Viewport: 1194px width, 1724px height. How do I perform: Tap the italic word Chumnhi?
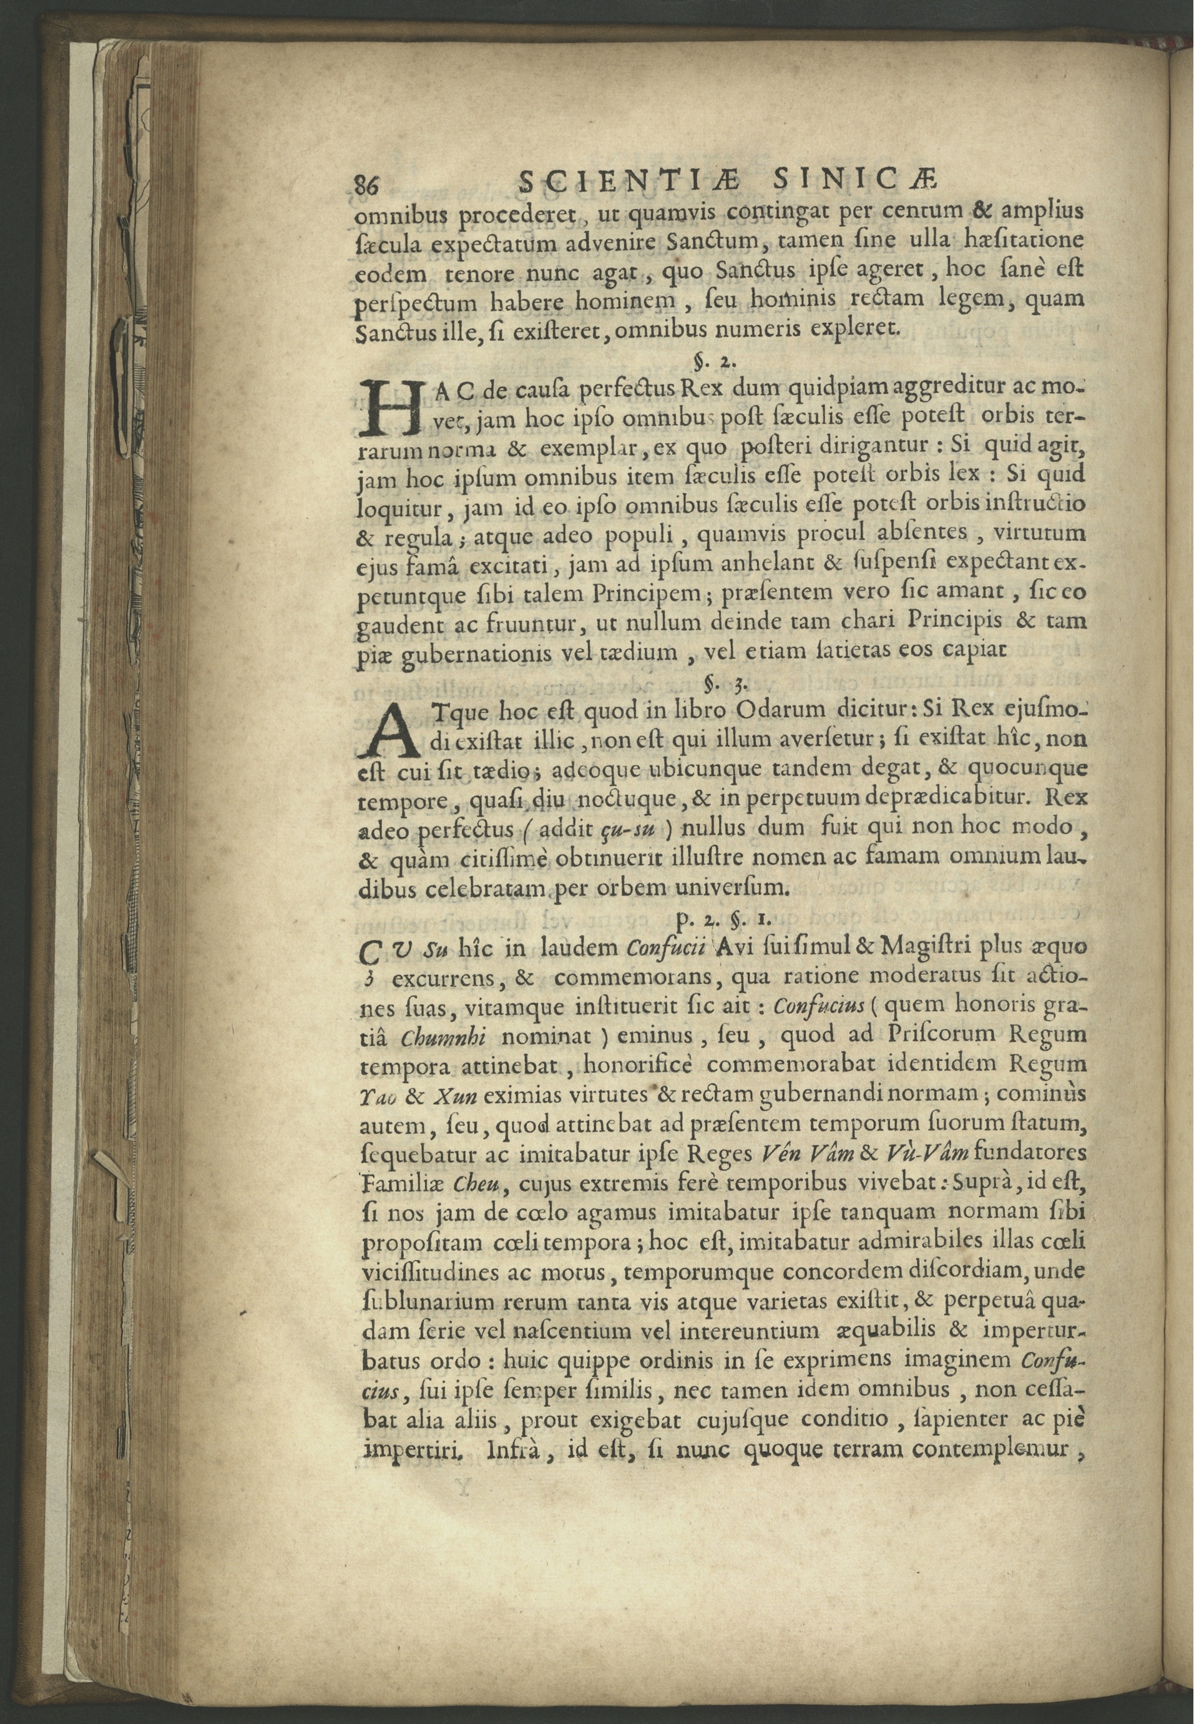pos(444,1039)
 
